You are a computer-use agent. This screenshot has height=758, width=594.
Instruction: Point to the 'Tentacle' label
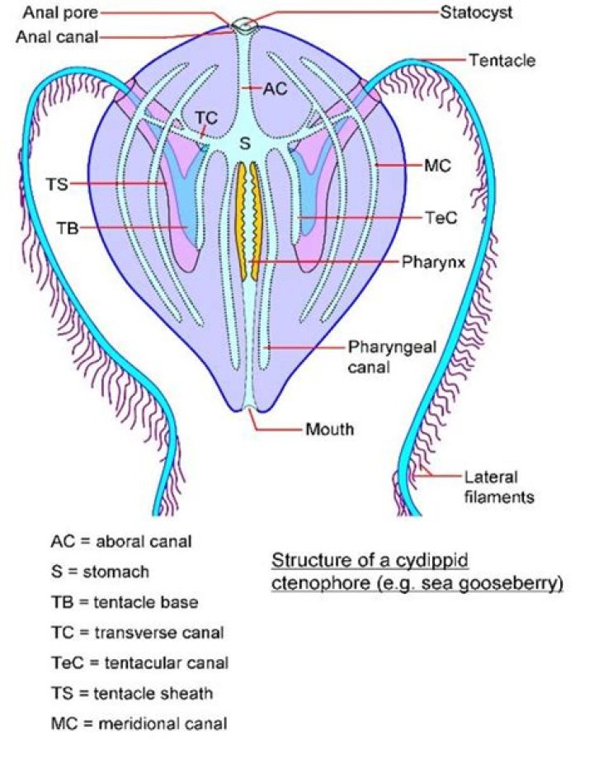pyautogui.click(x=502, y=60)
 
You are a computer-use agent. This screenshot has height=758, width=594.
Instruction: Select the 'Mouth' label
pyautogui.click(x=329, y=429)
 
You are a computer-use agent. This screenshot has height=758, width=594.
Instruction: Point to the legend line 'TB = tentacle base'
pyautogui.click(x=124, y=602)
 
